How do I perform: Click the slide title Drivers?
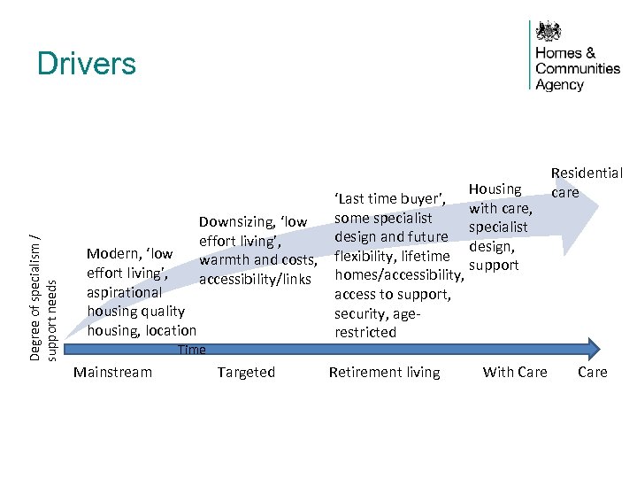tap(87, 64)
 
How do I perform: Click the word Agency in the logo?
tap(560, 85)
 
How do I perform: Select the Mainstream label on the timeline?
tap(112, 372)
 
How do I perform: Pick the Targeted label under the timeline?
tap(246, 372)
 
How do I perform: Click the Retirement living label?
tap(384, 372)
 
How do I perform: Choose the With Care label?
tap(515, 372)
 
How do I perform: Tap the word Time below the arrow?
tap(191, 350)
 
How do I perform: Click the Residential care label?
tap(587, 182)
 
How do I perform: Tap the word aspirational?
tap(124, 291)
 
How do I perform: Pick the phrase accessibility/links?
tap(256, 280)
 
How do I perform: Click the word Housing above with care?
tap(495, 189)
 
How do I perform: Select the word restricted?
tap(365, 333)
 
